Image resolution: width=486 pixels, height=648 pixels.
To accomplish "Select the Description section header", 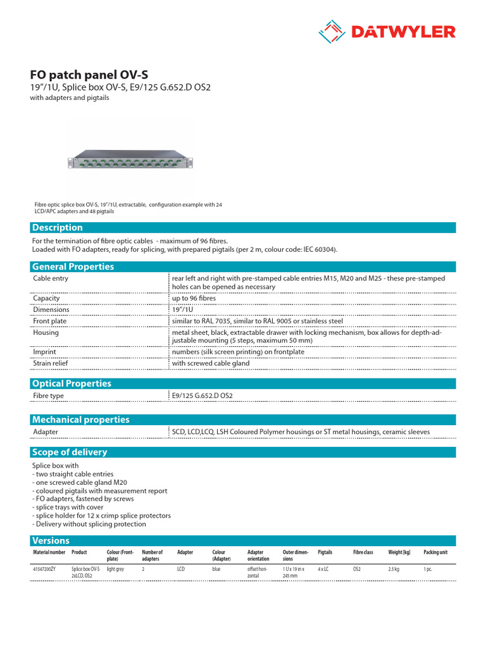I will [58, 228].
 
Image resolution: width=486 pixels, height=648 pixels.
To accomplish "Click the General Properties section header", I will [73, 266].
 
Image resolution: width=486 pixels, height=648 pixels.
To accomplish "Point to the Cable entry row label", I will [51, 278].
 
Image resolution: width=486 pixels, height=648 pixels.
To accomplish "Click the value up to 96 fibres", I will [193, 299].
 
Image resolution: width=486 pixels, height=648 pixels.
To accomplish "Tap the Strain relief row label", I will [51, 364].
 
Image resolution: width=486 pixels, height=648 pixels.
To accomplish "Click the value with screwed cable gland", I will [211, 364].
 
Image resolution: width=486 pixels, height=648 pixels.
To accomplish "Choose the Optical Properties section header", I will [72, 383].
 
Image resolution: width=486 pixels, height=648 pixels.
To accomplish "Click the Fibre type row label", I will [49, 396].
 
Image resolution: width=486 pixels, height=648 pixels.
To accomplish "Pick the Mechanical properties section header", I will [80, 420].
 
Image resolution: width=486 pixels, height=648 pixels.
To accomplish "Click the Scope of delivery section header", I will [70, 452].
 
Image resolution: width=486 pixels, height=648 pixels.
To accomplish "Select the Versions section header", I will [51, 540].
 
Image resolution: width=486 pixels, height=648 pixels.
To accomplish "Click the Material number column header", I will [49, 552].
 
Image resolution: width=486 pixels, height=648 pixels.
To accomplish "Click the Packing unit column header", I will [435, 552].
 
